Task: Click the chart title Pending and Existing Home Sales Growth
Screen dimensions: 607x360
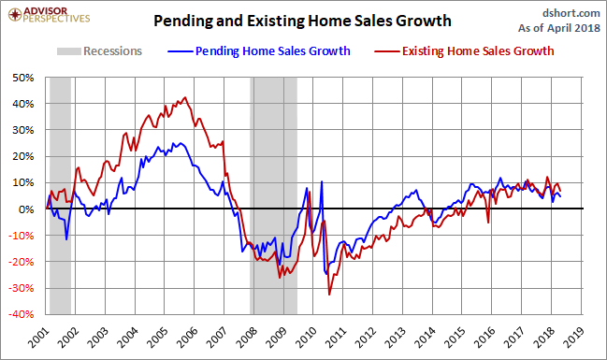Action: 302,21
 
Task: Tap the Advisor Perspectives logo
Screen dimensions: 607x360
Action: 50,15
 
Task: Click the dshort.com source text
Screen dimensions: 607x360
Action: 571,13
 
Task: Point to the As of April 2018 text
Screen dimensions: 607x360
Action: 559,28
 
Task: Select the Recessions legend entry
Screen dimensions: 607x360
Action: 99,51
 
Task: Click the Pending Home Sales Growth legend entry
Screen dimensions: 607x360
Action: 259,51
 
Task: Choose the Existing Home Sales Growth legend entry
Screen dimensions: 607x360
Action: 464,51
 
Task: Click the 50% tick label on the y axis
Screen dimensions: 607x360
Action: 23,78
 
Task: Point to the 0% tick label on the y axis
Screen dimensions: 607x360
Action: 26,209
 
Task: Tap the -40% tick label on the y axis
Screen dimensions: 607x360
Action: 21,314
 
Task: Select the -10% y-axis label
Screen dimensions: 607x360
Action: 21,236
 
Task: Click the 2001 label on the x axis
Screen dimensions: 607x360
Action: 38,337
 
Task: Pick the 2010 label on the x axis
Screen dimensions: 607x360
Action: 306,337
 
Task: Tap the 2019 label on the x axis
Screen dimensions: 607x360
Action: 573,337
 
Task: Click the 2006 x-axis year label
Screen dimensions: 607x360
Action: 187,337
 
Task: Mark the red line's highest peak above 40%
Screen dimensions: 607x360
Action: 185,97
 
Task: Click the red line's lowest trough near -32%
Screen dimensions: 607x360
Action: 329,295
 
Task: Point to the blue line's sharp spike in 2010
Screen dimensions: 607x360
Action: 322,181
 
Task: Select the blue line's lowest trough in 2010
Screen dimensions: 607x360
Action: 326,274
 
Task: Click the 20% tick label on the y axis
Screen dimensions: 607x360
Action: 23,157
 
